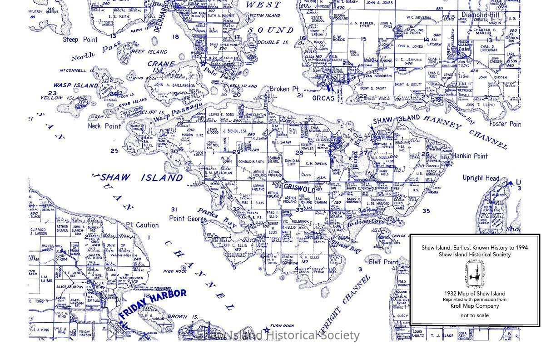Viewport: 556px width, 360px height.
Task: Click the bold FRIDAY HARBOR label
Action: coord(153,302)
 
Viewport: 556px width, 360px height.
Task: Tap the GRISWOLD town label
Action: coord(299,187)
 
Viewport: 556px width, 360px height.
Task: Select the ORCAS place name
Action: coord(323,98)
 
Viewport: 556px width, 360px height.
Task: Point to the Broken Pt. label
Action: coord(284,89)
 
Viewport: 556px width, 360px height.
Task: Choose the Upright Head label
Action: coord(481,178)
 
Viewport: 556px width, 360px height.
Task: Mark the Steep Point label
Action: coord(80,40)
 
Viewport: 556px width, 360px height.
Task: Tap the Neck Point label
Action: coord(104,126)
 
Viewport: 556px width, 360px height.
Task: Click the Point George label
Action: coord(188,219)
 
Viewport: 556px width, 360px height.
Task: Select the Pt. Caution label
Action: coord(142,225)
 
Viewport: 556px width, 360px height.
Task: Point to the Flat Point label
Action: coord(383,262)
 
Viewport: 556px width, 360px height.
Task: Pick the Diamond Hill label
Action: coord(480,15)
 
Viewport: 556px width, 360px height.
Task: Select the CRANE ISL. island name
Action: coord(161,67)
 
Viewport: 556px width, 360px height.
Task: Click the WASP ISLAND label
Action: coord(75,85)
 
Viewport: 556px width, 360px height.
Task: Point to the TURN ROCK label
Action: coord(282,325)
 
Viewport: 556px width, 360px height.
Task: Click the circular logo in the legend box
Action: coord(475,274)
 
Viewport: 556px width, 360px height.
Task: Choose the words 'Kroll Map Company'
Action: coord(475,306)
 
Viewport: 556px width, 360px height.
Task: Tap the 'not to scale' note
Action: coord(475,315)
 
